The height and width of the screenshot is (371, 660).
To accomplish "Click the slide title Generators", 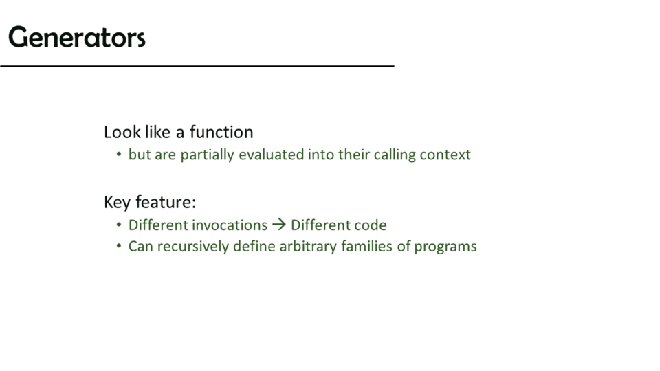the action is [76, 37].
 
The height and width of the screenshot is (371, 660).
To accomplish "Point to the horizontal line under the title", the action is [197, 66].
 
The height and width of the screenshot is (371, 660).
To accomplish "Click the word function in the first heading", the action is [221, 132].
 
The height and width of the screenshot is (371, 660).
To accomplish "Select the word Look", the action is [122, 132].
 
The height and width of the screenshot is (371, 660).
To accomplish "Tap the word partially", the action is [207, 155].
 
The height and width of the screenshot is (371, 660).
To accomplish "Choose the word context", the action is [445, 155].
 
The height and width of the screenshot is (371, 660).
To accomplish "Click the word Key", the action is [118, 202].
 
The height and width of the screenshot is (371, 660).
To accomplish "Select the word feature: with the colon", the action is [166, 202].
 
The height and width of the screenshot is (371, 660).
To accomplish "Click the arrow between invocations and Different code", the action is [279, 225].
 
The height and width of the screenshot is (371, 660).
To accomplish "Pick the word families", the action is [367, 246].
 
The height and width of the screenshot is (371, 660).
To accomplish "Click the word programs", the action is [445, 247].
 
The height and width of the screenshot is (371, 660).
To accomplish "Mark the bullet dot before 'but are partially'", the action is [119, 155].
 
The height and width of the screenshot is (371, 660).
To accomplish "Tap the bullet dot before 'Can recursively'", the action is [119, 246].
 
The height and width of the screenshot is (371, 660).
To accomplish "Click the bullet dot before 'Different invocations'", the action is [119, 225].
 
